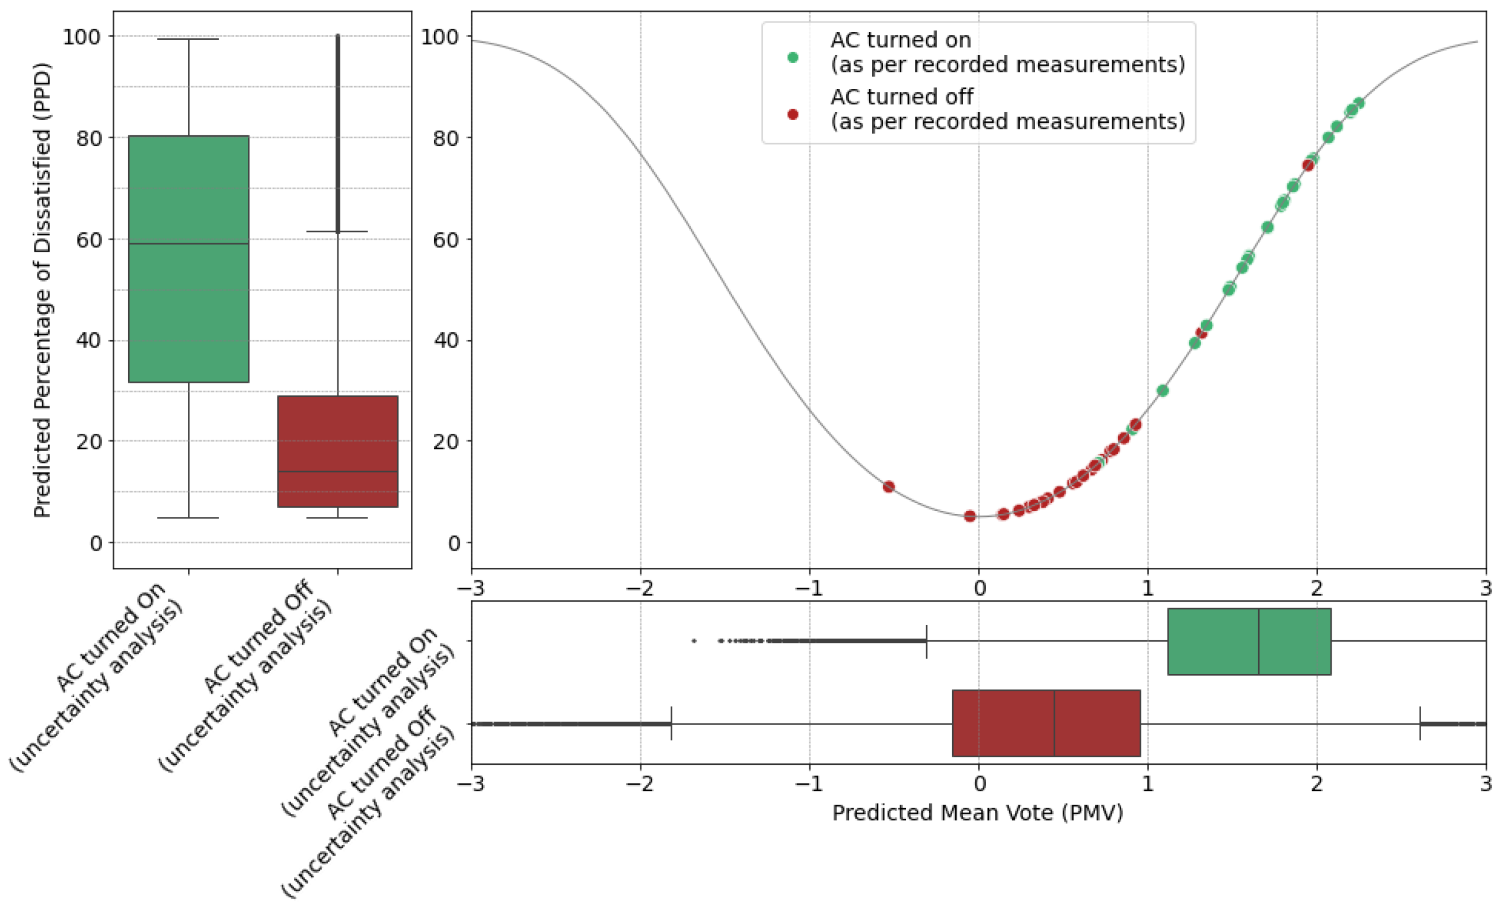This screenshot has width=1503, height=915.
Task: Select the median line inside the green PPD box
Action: pyautogui.click(x=189, y=243)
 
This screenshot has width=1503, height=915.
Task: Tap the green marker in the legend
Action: pyautogui.click(x=792, y=58)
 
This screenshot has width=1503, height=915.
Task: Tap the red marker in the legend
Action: pyautogui.click(x=792, y=114)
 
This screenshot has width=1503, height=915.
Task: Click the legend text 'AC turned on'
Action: pyautogui.click(x=901, y=40)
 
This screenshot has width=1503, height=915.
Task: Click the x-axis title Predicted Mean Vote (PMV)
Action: pyautogui.click(x=978, y=813)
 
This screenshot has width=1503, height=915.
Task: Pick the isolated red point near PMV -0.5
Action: pyautogui.click(x=889, y=487)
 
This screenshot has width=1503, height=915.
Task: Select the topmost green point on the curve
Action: pyautogui.click(x=1358, y=103)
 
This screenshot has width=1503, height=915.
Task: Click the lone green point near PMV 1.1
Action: pyautogui.click(x=1163, y=390)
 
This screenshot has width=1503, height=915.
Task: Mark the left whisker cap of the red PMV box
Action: pyautogui.click(x=672, y=723)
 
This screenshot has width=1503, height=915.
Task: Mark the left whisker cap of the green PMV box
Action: pyautogui.click(x=927, y=641)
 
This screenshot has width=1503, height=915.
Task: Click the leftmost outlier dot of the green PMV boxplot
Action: pyautogui.click(x=694, y=641)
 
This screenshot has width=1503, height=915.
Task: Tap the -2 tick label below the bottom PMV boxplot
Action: pyautogui.click(x=640, y=783)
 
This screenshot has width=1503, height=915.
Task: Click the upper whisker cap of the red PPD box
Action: pyautogui.click(x=337, y=231)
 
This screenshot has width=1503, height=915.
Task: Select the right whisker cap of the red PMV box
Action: pyautogui.click(x=1420, y=723)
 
